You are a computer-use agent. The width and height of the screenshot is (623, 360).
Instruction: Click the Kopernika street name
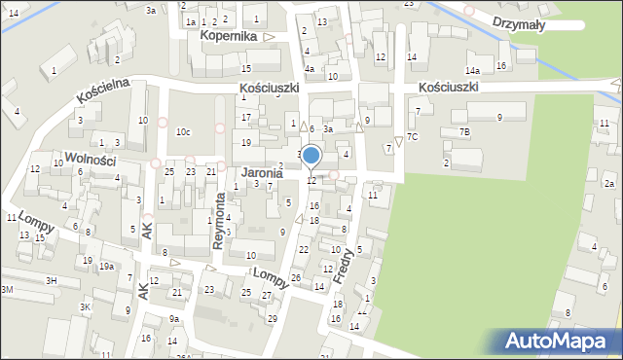228,36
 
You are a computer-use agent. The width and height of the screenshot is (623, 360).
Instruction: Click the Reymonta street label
220,221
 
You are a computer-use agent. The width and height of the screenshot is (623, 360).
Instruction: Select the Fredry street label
347,264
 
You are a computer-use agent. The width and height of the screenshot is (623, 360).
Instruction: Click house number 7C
412,136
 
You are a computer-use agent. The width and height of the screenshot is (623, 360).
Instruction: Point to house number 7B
464,131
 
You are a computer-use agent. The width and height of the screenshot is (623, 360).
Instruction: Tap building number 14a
472,71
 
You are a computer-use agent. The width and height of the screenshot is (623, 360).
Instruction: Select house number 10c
183,131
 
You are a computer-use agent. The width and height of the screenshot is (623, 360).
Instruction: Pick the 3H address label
51,279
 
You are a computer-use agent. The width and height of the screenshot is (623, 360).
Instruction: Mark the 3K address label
85,307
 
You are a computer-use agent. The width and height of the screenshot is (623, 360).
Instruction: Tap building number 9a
173,318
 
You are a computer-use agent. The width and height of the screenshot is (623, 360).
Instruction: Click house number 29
272,319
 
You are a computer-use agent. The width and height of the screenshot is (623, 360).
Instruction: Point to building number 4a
309,69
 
